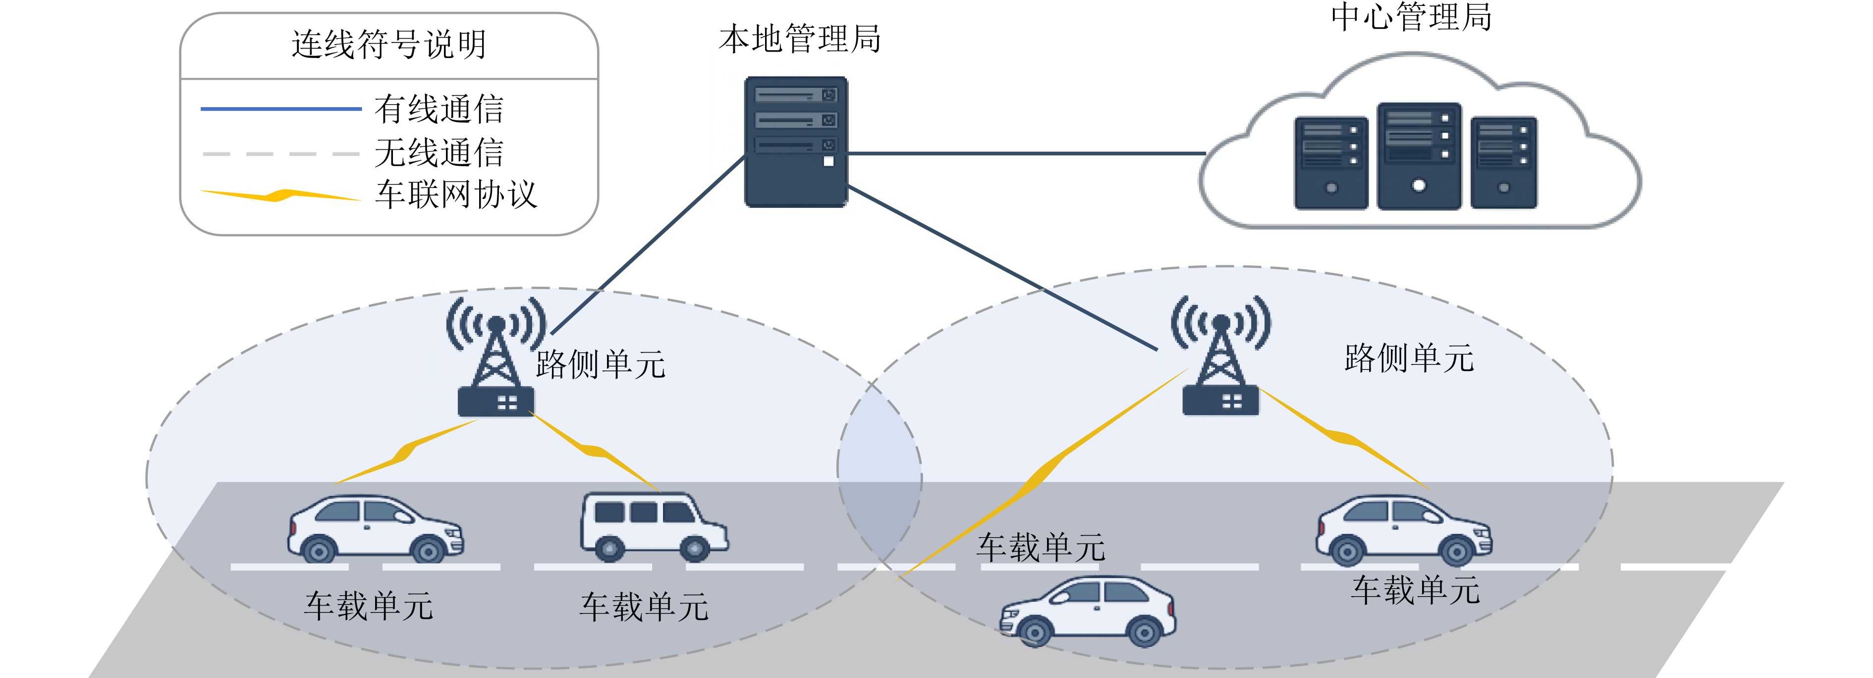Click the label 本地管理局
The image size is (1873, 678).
point(800,39)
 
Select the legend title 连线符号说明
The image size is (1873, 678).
point(389,44)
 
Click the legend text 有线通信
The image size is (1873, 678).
point(439,109)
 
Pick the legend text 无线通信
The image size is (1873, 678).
point(439,153)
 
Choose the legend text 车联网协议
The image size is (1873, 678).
point(456,194)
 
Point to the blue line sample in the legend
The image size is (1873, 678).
point(280,109)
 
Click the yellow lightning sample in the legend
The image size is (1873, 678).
point(280,195)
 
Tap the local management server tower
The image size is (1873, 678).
point(796,142)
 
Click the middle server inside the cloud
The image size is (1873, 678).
point(1419,156)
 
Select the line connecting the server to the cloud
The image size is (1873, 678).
point(1027,153)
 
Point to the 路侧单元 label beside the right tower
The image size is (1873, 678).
point(1409,358)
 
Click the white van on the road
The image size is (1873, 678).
point(654,527)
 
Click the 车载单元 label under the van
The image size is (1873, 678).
point(644,607)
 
